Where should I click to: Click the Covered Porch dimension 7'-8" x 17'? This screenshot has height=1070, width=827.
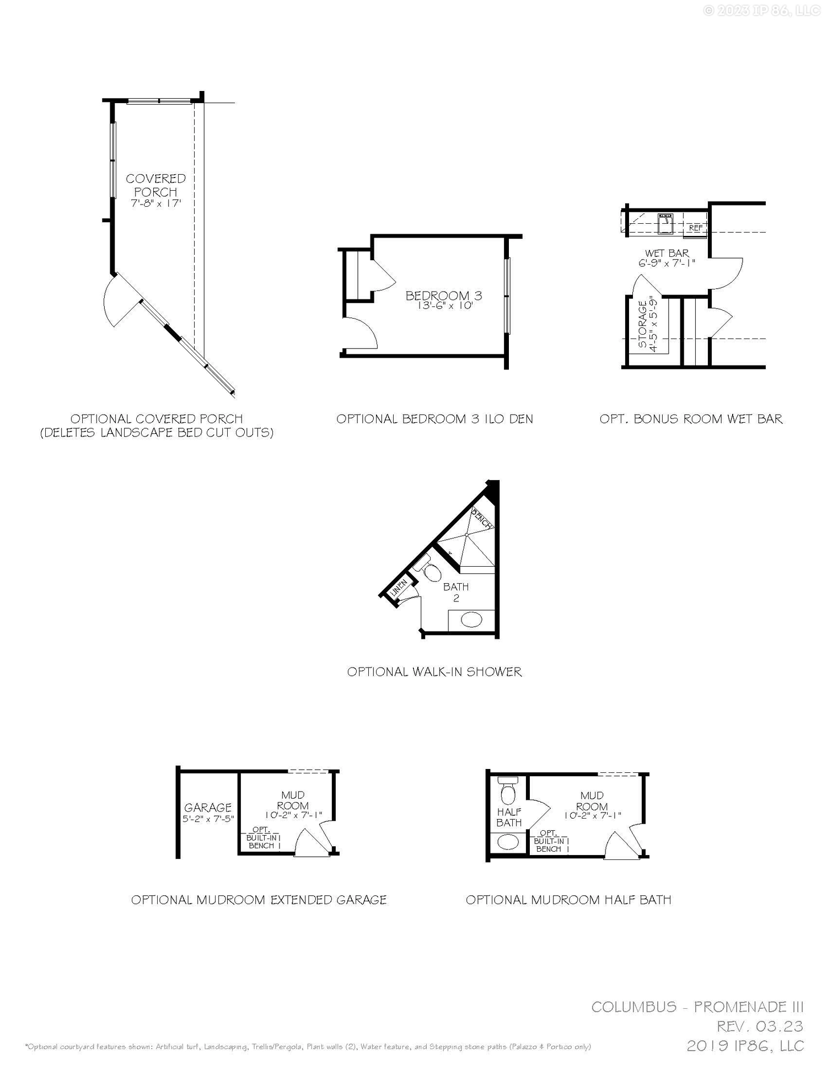[x=156, y=203]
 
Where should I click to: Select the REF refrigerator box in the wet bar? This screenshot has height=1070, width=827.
[x=695, y=228]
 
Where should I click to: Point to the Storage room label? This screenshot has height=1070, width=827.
[x=643, y=324]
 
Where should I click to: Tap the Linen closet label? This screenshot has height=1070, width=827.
[x=399, y=588]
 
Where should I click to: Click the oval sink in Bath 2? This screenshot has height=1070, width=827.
[x=471, y=620]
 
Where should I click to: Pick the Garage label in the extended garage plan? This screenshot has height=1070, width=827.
[x=208, y=808]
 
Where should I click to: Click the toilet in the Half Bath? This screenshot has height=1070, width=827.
[x=508, y=792]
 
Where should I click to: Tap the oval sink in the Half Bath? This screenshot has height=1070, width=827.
[x=508, y=842]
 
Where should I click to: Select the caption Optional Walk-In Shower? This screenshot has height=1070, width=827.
[x=434, y=671]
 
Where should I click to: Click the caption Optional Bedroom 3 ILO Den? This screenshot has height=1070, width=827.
[x=434, y=419]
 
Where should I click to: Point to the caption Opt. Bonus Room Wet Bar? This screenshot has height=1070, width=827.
[x=691, y=419]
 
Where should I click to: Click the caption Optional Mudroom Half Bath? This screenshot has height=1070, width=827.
[x=568, y=900]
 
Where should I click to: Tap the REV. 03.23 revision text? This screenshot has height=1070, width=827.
[x=760, y=1026]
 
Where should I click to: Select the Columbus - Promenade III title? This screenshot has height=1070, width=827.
[x=697, y=1007]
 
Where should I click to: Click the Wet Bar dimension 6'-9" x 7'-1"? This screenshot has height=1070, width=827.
[x=667, y=264]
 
